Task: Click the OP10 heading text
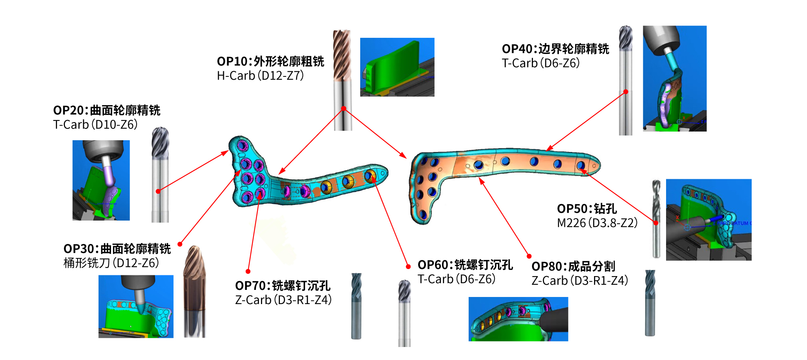click(270, 61)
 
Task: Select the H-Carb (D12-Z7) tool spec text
click(260, 75)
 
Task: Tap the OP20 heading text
click(107, 110)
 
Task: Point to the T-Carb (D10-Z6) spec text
click(95, 124)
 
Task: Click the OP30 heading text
click(117, 249)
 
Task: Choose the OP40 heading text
click(555, 49)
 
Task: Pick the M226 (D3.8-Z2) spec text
click(597, 223)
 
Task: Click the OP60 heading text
click(465, 265)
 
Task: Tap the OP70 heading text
click(282, 286)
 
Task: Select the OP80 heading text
click(573, 266)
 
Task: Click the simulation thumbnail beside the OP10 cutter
click(397, 67)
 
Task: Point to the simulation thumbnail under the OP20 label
click(101, 180)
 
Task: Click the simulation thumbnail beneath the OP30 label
click(136, 306)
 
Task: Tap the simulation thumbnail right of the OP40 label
click(674, 78)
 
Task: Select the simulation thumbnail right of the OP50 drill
click(709, 219)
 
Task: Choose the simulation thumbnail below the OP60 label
click(518, 319)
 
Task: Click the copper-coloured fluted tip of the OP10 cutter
click(342, 55)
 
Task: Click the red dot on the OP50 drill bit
click(656, 223)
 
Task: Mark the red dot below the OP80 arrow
click(529, 256)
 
